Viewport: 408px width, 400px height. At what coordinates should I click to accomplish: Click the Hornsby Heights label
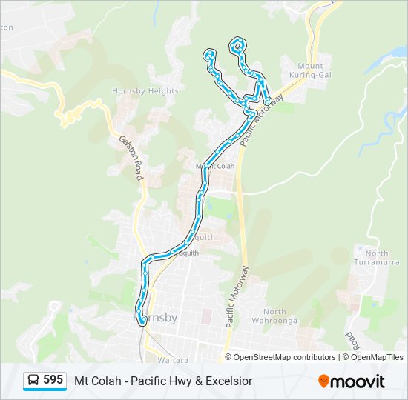point(145,91)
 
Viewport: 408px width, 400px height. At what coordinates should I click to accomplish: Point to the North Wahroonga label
point(279,316)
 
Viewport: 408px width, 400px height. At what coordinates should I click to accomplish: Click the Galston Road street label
point(131,157)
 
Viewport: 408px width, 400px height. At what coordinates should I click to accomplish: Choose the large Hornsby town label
point(155,318)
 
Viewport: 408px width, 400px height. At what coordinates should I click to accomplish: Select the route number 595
point(53,380)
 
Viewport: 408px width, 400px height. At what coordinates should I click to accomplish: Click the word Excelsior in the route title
point(228,381)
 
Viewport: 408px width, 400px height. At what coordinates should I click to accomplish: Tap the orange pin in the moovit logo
point(323,381)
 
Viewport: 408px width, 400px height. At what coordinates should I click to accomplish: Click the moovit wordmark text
point(358,381)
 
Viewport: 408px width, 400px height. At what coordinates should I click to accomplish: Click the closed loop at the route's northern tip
point(237,45)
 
